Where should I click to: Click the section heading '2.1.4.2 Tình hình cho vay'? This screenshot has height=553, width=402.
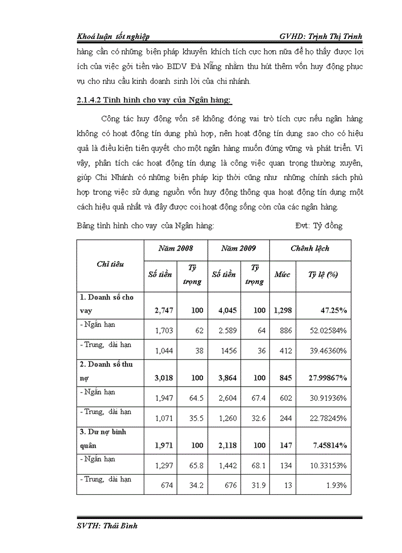coord(154,101)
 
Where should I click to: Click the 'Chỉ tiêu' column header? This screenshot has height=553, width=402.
coord(110,264)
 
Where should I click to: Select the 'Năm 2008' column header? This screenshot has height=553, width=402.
coord(175,248)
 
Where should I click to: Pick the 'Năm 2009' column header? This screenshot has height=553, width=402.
coord(238,248)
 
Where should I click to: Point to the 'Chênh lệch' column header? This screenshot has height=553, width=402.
coord(310,248)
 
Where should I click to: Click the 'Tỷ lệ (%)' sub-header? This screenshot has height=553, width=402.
coord(323,274)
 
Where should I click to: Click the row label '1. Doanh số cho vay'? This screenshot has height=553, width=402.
coord(107,304)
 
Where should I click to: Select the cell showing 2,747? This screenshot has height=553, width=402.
coord(164,311)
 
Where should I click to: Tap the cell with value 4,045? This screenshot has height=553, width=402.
coord(226,311)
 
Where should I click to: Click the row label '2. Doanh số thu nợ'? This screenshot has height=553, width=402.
coord(107,371)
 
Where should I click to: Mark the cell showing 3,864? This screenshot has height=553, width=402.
coord(226,378)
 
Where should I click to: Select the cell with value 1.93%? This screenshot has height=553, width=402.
coord(336,486)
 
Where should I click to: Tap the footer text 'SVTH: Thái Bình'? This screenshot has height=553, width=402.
coord(107,526)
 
